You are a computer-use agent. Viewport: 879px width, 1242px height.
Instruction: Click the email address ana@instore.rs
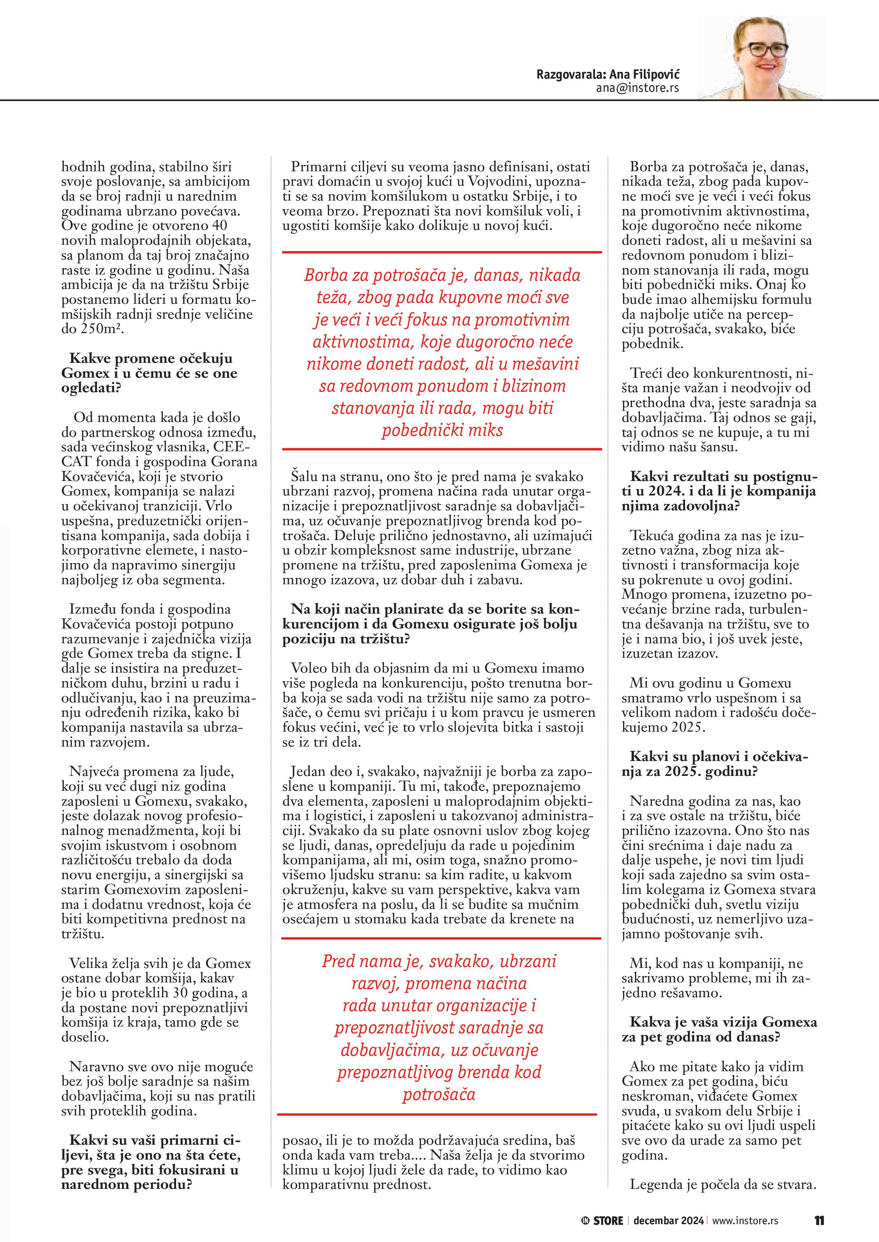(637, 88)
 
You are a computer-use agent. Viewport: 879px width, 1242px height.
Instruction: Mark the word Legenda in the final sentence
(655, 1184)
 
